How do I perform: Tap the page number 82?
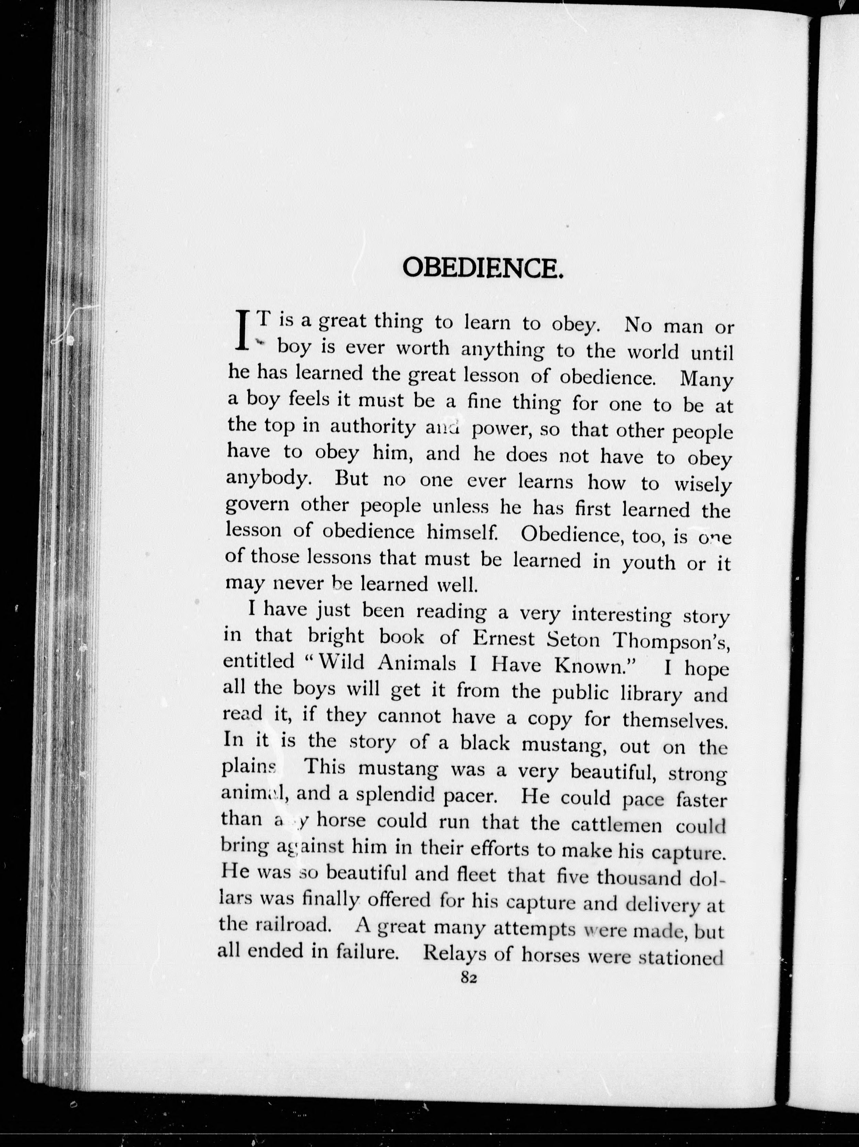(468, 977)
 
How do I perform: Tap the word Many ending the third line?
(706, 380)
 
